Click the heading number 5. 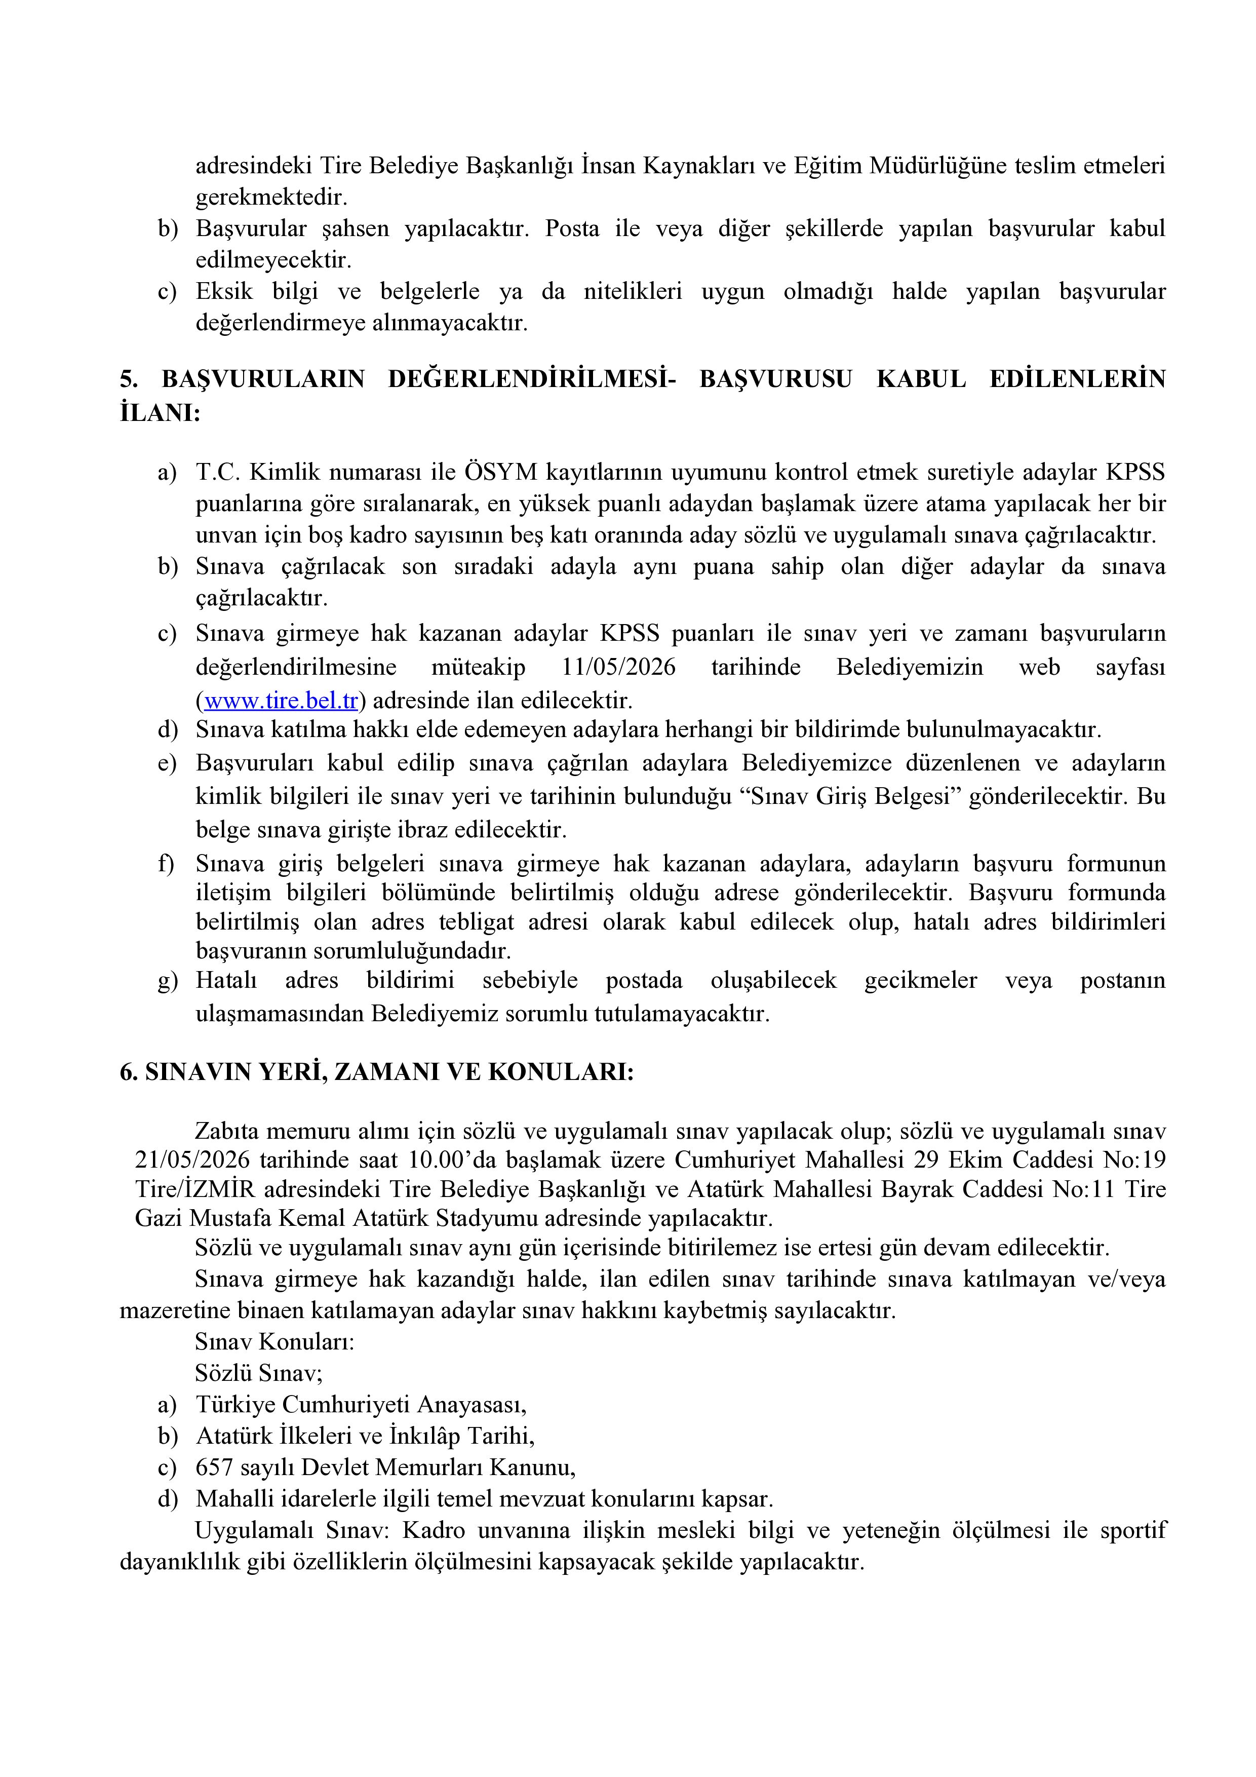[128, 380]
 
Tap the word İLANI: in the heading [160, 413]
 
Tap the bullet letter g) [167, 981]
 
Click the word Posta [572, 229]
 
